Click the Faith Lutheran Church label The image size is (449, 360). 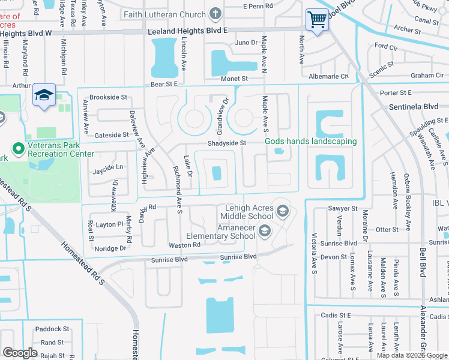click(164, 14)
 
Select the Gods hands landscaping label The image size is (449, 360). click(311, 142)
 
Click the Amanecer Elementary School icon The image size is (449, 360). click(264, 230)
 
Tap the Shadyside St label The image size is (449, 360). click(227, 143)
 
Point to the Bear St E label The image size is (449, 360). click(164, 84)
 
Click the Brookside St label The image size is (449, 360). click(109, 97)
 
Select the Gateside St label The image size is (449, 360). click(111, 134)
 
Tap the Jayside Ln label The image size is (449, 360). click(107, 169)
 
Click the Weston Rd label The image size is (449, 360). click(184, 245)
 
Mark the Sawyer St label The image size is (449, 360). click(343, 208)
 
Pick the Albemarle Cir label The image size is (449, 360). click(328, 76)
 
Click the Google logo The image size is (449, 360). click(20, 353)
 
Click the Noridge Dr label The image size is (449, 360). click(110, 248)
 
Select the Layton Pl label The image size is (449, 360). click(109, 224)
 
